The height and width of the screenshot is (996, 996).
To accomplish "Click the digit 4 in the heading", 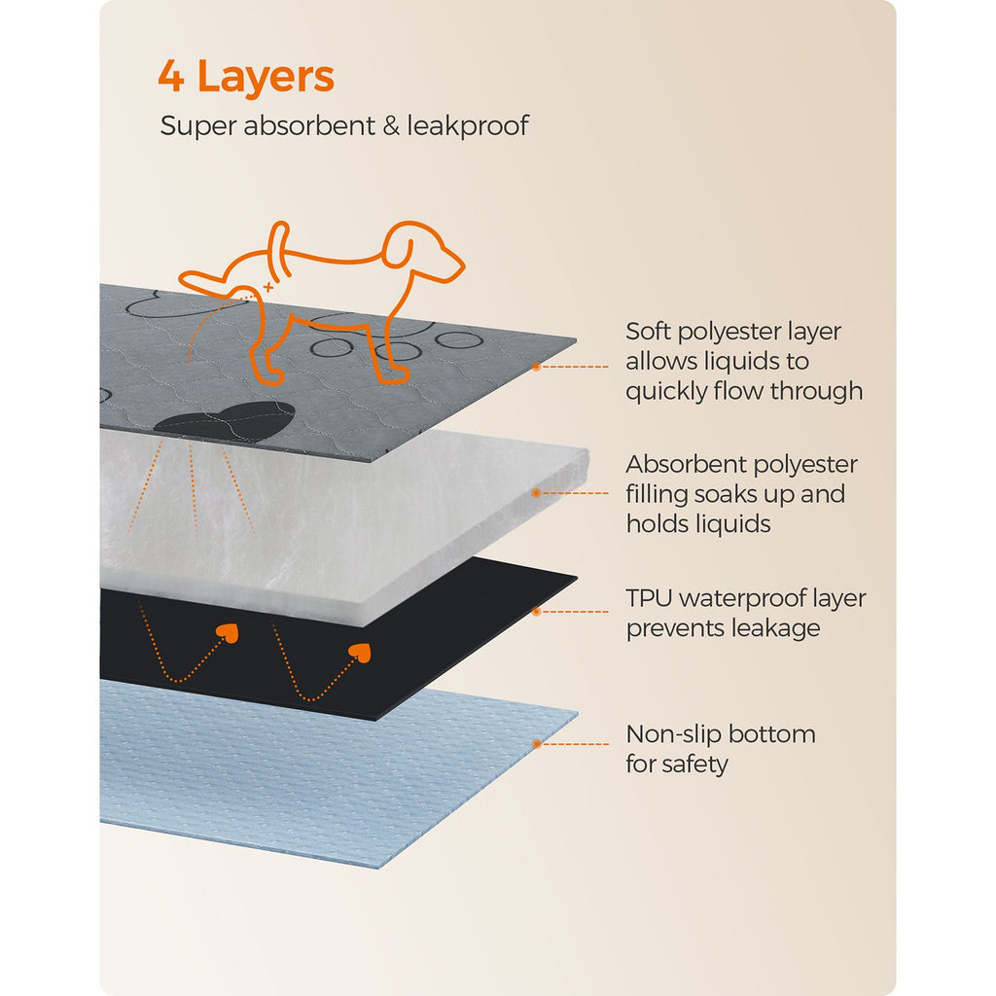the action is (171, 76).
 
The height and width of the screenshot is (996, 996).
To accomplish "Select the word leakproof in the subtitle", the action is (468, 125).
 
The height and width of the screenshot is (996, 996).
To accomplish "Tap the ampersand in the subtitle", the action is (391, 125).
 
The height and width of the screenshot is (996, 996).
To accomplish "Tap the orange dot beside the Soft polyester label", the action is (537, 367).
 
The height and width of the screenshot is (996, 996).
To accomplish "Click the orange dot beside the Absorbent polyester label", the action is (537, 493).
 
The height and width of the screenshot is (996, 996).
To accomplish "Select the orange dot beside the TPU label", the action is (537, 612).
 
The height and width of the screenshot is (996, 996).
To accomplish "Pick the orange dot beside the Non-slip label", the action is (537, 744).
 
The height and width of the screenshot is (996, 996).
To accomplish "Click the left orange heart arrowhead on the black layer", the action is (228, 632).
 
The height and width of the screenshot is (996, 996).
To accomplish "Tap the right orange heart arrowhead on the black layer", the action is (360, 652).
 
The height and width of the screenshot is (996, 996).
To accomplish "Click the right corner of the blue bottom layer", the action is (577, 713).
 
